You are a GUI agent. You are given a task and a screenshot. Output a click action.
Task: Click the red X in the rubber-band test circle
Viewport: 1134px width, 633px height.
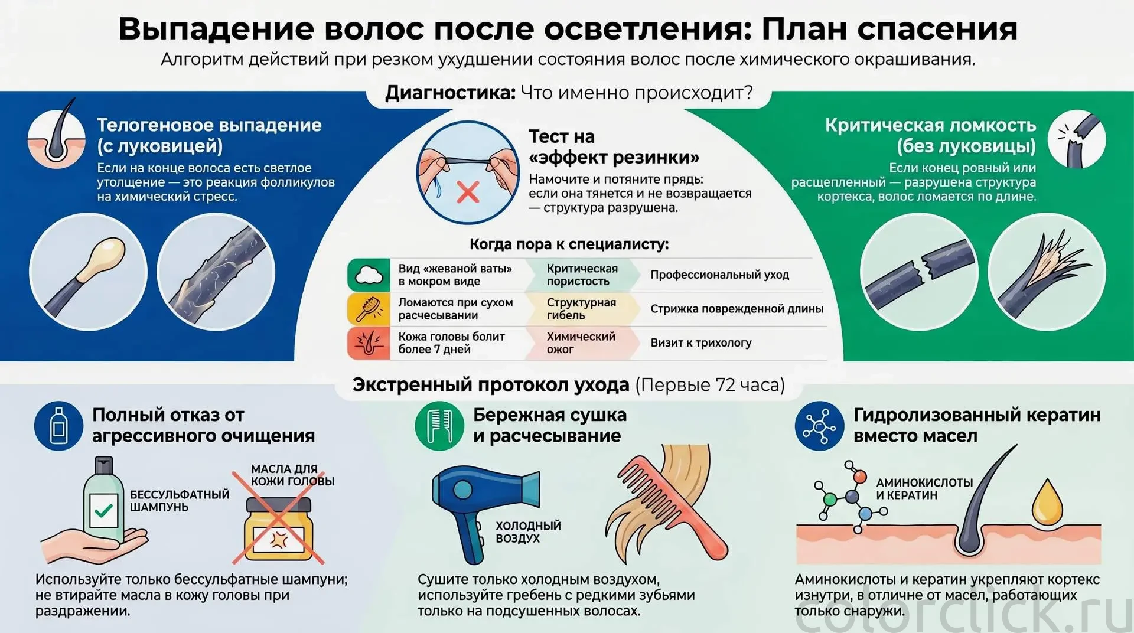click(x=468, y=192)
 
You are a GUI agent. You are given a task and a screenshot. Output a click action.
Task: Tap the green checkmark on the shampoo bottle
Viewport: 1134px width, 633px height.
click(x=103, y=510)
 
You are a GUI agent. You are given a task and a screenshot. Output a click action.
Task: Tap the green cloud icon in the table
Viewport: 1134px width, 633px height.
click(x=369, y=275)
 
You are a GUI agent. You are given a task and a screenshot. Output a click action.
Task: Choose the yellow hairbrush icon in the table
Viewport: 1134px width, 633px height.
click(x=369, y=309)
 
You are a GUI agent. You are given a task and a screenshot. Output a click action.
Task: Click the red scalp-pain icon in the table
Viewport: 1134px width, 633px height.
click(x=369, y=343)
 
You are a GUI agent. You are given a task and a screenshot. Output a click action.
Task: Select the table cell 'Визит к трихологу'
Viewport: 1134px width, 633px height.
click(x=701, y=343)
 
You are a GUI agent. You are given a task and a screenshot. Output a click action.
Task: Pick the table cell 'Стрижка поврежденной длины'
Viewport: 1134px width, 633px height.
click(x=737, y=309)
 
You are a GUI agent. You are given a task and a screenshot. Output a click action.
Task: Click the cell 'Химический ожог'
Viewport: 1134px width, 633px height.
click(x=581, y=343)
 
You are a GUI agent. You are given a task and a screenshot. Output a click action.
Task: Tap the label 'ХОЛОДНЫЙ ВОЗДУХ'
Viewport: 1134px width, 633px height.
click(x=528, y=532)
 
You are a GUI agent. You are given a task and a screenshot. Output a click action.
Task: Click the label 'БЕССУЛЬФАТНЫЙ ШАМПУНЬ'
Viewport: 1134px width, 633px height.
click(x=180, y=501)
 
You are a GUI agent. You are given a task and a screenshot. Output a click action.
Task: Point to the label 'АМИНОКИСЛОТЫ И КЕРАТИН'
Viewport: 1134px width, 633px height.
click(x=924, y=489)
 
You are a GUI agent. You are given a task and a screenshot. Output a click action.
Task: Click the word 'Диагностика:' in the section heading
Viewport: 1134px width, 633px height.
click(x=451, y=93)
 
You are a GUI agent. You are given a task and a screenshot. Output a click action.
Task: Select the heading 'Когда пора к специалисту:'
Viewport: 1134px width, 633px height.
click(x=569, y=244)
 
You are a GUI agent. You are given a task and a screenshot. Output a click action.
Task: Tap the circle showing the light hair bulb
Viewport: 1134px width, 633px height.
click(x=89, y=272)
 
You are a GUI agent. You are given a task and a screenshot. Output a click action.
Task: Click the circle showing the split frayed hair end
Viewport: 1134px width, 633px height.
click(x=1047, y=272)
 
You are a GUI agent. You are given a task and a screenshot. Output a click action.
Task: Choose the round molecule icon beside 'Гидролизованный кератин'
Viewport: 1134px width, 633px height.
click(x=819, y=426)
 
